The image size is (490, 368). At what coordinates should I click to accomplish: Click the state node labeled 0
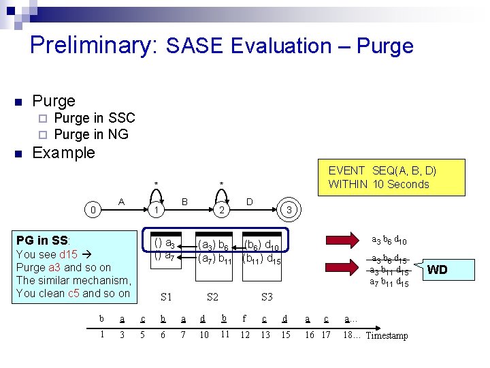[93, 210]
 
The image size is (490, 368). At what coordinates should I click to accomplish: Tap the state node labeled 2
[221, 210]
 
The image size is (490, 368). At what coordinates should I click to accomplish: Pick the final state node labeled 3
[289, 210]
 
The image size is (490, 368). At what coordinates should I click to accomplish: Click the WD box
[437, 270]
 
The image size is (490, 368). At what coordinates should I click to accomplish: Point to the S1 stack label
[166, 296]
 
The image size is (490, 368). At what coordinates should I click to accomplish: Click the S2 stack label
[212, 296]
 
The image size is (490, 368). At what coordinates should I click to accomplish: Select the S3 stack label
[267, 296]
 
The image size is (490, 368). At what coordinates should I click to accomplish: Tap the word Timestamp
[387, 335]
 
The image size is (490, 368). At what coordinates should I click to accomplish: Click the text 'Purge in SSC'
[94, 118]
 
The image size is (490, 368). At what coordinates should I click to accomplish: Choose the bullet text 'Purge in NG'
[91, 134]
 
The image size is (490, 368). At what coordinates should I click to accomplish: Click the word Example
[63, 153]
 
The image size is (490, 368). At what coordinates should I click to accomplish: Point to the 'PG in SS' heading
[42, 240]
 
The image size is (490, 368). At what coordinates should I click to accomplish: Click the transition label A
[121, 201]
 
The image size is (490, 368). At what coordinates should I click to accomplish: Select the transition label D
[249, 201]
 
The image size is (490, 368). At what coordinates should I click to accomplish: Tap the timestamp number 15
[286, 335]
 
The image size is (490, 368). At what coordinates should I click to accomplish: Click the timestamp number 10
[204, 335]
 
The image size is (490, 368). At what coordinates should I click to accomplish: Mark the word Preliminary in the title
[93, 45]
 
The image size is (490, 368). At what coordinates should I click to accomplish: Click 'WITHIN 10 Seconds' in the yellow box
[378, 184]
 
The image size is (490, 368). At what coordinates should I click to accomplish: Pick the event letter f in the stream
[244, 318]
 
